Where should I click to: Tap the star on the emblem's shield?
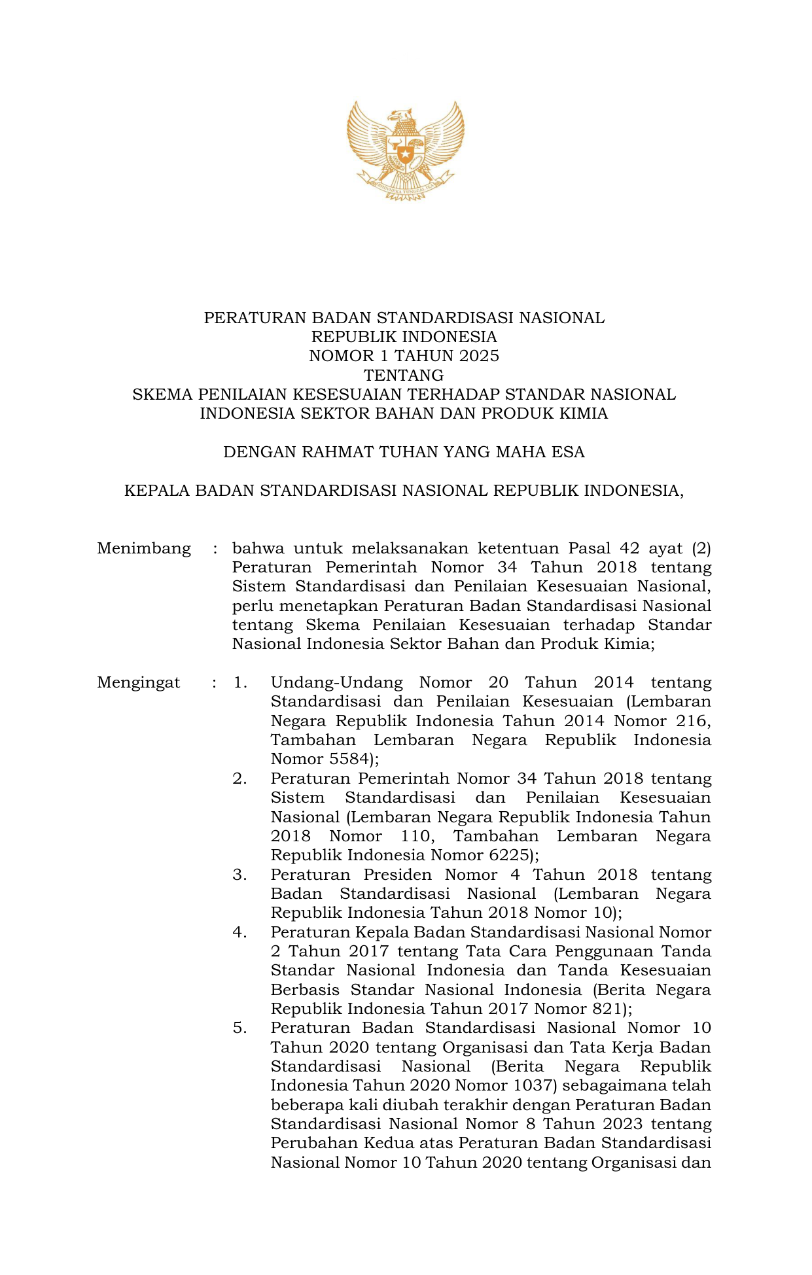pyautogui.click(x=406, y=155)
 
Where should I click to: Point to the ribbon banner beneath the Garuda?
pyautogui.click(x=405, y=186)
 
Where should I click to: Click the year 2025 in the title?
pyautogui.click(x=479, y=356)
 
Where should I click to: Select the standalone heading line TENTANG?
pyautogui.click(x=404, y=376)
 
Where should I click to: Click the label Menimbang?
pyautogui.click(x=144, y=548)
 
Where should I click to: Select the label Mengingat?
pyautogui.click(x=139, y=683)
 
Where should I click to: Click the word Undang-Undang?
pyautogui.click(x=336, y=683)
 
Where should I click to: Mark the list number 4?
pyautogui.click(x=239, y=932)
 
